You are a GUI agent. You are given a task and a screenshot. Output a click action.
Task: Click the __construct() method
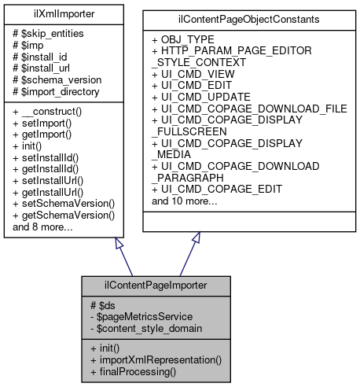click(50, 113)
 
